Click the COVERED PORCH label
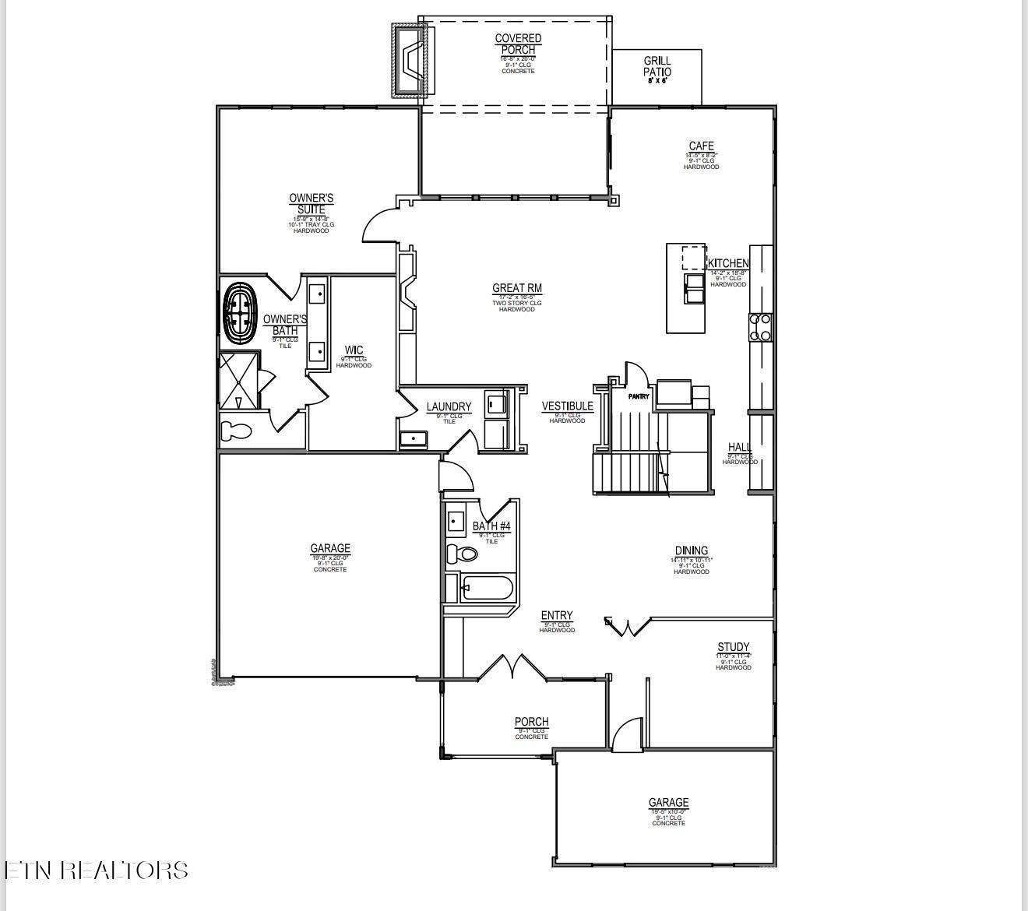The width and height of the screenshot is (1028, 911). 518,44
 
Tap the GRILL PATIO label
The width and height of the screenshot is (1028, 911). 657,66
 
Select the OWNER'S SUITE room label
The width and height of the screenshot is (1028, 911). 312,204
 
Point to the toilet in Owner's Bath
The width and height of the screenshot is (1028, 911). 236,431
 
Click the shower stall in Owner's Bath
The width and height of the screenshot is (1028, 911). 239,381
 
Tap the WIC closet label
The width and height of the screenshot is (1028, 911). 354,350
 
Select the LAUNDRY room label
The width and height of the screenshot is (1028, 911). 449,406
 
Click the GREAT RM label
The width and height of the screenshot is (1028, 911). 517,288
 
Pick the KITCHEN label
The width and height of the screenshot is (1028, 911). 728,264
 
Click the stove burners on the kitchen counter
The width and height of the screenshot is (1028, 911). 760,327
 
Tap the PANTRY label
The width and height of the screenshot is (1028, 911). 639,396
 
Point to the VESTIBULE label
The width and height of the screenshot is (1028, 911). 567,406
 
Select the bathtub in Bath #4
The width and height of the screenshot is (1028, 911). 486,588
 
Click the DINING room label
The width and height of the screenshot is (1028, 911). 691,550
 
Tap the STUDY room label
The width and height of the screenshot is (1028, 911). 733,647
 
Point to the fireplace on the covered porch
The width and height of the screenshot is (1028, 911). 410,60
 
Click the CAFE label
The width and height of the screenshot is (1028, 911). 701,146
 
